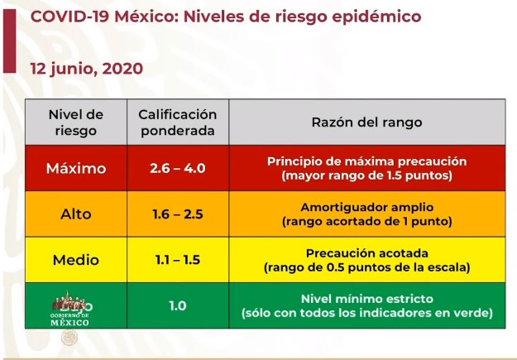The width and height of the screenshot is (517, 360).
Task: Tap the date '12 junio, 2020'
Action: (x=87, y=69)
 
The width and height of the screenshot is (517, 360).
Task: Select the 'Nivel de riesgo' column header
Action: (x=76, y=122)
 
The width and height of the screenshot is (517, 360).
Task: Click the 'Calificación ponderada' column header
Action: (x=177, y=122)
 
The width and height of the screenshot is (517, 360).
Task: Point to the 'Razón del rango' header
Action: (x=366, y=122)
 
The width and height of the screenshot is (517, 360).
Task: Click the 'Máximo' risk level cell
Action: (x=76, y=169)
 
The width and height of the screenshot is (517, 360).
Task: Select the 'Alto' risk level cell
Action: (x=76, y=214)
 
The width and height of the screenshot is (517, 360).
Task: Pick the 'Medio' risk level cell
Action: (x=76, y=260)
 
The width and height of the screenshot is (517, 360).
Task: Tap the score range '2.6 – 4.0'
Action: (x=177, y=169)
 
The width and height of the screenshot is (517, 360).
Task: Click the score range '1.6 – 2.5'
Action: (x=177, y=214)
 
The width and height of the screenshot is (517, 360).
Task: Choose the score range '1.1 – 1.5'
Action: (x=177, y=260)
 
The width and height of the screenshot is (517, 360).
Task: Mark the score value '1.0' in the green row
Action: (x=177, y=305)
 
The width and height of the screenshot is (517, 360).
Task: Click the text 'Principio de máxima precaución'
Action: (x=366, y=161)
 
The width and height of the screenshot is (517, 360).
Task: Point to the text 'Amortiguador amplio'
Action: (x=366, y=207)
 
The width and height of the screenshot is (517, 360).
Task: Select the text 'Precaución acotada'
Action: (x=366, y=252)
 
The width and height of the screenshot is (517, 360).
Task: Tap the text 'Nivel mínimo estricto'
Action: (x=366, y=298)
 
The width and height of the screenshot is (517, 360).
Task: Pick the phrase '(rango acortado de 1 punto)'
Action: (x=366, y=222)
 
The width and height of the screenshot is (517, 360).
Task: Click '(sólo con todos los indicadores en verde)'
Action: (x=366, y=313)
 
